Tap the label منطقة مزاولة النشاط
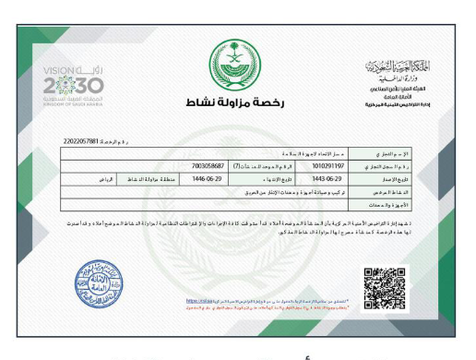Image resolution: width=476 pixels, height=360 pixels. [154, 176]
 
